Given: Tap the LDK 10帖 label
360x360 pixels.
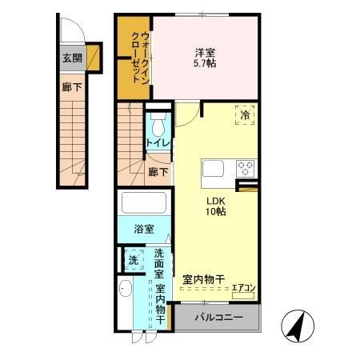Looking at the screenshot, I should [x=215, y=206].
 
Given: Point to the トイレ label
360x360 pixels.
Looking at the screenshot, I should [x=157, y=143].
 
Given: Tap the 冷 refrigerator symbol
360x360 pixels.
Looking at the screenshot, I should [x=244, y=115].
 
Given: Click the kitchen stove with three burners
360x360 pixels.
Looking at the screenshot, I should [x=245, y=169].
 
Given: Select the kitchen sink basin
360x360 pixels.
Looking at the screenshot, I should [x=214, y=169].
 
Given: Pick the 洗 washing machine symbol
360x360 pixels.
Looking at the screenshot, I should [x=133, y=259].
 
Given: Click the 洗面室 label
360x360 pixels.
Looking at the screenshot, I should [x=159, y=265].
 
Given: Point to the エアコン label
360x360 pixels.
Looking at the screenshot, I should [x=243, y=289].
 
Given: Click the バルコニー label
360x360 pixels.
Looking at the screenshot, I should [x=217, y=318].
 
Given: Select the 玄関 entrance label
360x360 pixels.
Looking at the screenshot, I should [x=70, y=58].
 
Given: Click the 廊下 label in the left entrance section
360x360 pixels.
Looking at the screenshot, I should [x=71, y=87].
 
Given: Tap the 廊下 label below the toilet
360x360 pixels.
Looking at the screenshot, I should [x=158, y=171].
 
